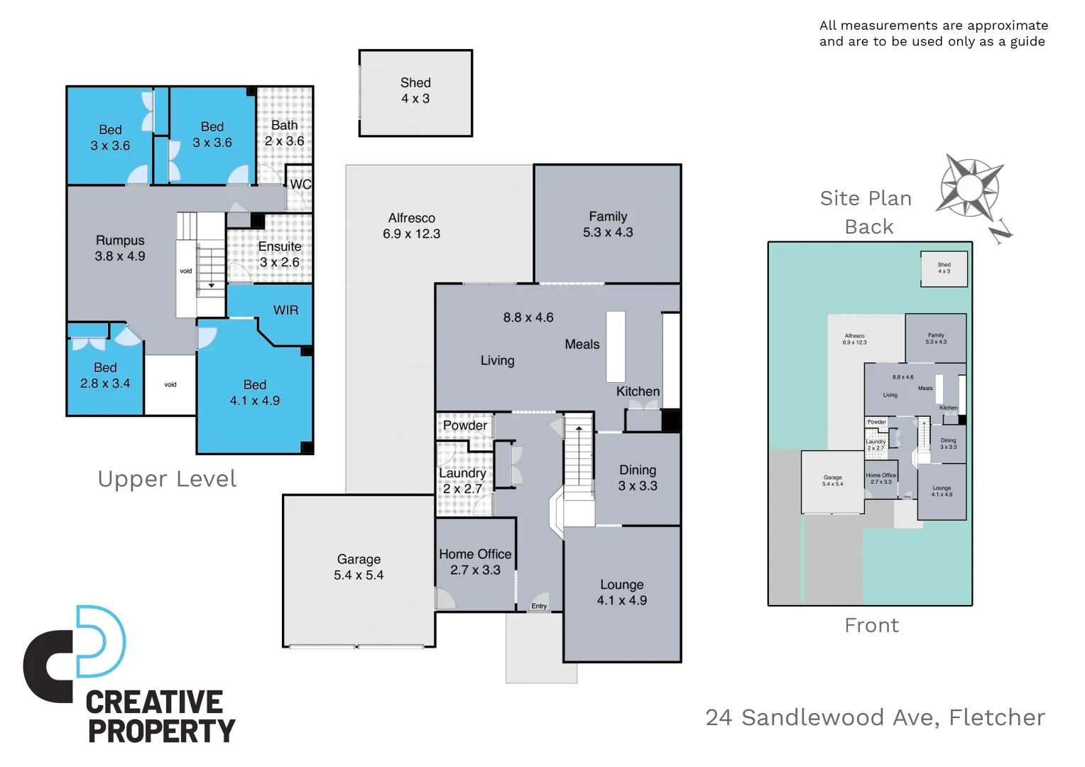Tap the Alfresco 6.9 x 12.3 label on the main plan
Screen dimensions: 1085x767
(412, 226)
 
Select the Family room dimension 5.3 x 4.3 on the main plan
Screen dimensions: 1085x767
(608, 232)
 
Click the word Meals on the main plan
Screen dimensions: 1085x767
(582, 344)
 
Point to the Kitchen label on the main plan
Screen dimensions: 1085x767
(638, 391)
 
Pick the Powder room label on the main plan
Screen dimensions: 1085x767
(465, 425)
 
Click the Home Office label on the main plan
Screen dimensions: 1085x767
(475, 554)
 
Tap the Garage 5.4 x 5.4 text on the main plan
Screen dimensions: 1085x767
(359, 567)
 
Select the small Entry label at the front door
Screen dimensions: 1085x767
(539, 606)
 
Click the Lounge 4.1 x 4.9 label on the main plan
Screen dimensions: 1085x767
(622, 592)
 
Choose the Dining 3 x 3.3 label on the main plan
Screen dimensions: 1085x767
(638, 478)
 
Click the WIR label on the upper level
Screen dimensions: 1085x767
(285, 310)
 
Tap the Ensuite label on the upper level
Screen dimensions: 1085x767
(280, 246)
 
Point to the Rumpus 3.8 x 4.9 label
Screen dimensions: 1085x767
(120, 248)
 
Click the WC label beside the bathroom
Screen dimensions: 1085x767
(300, 185)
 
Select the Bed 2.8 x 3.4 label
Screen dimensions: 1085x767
(105, 376)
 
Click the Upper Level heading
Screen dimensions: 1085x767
(167, 479)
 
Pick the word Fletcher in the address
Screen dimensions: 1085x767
(997, 717)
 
